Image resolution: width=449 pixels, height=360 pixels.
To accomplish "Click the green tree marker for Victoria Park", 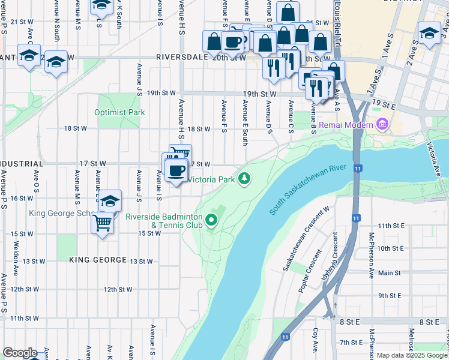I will click(244, 178).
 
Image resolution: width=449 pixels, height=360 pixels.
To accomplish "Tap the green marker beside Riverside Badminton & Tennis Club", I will click(211, 221).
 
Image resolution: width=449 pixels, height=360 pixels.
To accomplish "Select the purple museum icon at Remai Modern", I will click(381, 125).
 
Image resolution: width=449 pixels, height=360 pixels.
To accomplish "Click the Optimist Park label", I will click(119, 112).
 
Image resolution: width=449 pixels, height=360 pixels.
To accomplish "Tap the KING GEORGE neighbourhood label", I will click(98, 260).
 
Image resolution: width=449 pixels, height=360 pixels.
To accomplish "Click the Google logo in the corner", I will click(20, 353).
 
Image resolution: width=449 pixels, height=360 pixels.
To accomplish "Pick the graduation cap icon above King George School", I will click(110, 201).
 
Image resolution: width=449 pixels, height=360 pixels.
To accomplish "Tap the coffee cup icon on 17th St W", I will click(176, 170).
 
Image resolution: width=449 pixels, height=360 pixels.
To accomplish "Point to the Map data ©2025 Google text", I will click(412, 355).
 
